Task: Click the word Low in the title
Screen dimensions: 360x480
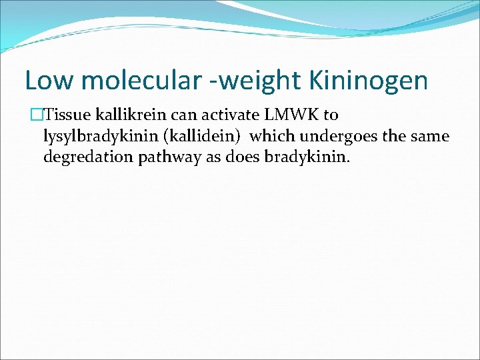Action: (46, 80)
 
